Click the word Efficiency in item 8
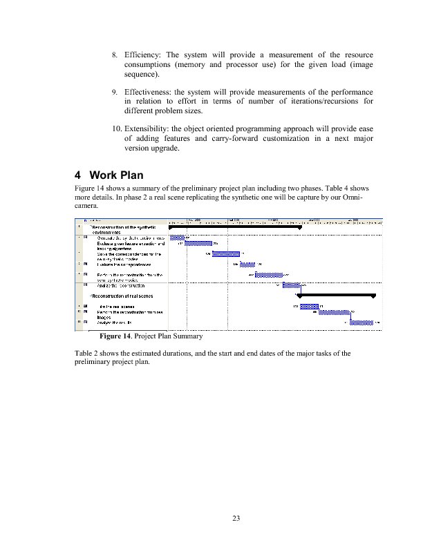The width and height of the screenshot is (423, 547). click(x=142, y=55)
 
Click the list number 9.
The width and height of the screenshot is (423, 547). click(x=114, y=92)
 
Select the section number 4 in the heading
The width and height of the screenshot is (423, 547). click(x=77, y=175)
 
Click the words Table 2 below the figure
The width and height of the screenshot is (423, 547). click(x=88, y=354)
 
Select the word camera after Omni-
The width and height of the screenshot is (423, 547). click(x=86, y=205)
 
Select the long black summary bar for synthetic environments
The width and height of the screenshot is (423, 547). click(x=235, y=227)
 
